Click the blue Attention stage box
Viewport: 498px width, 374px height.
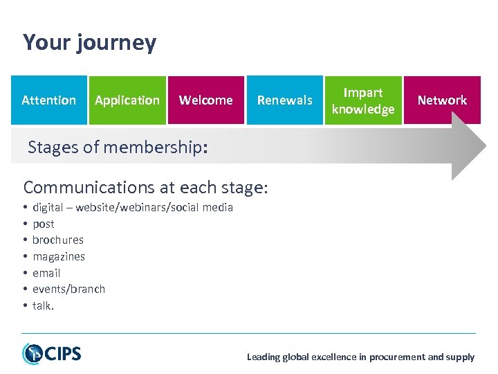(48, 100)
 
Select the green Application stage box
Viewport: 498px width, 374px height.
(127, 100)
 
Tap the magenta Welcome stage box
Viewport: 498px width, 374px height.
(206, 100)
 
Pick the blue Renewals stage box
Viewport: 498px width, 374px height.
(284, 100)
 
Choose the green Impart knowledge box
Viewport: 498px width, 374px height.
(363, 100)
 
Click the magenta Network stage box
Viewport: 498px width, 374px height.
(442, 100)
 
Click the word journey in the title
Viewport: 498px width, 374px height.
(117, 43)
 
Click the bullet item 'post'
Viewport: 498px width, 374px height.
(43, 224)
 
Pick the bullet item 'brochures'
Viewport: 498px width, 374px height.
(58, 240)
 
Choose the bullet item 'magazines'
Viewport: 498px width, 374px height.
(59, 256)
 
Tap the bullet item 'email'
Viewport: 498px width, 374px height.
(46, 273)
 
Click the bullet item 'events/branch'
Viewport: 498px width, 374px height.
(68, 289)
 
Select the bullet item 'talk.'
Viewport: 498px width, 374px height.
(43, 305)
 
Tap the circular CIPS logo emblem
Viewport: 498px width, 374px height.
(32, 354)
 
